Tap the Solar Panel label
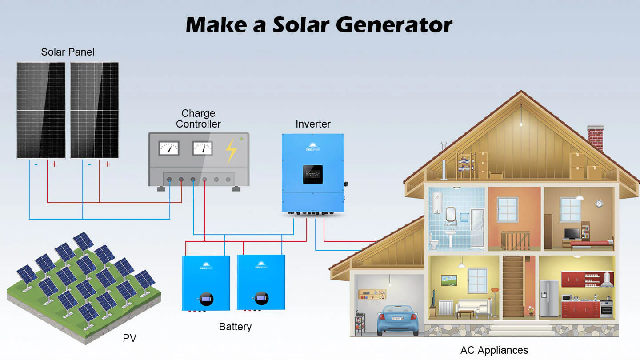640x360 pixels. click(x=68, y=52)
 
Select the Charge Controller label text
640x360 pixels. click(x=198, y=119)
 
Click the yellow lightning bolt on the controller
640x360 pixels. click(x=231, y=151)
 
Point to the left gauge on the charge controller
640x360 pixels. click(x=169, y=148)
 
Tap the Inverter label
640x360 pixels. click(x=313, y=124)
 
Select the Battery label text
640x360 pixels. click(x=235, y=327)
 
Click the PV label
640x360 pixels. click(x=129, y=338)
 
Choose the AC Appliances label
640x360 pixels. click(x=494, y=350)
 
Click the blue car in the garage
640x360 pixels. click(x=397, y=319)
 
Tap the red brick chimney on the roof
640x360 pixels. click(x=596, y=137)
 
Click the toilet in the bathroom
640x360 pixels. click(x=434, y=243)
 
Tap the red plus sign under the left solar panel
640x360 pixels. click(x=54, y=164)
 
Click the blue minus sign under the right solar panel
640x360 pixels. click(x=89, y=164)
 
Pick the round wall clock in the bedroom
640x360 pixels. click(x=599, y=203)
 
